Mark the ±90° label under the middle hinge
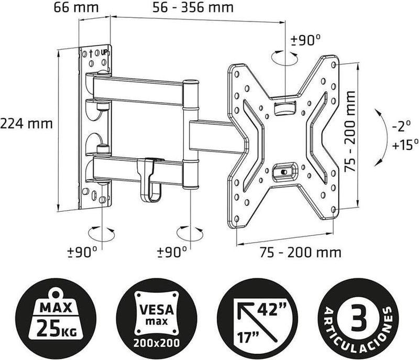[172, 252]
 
